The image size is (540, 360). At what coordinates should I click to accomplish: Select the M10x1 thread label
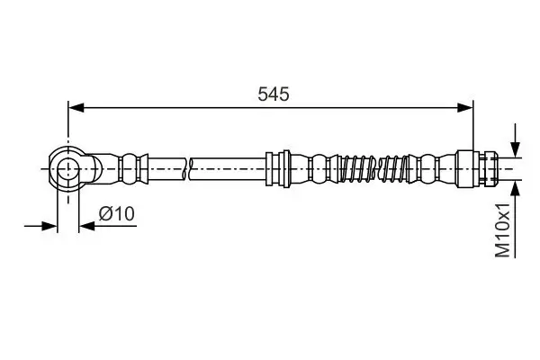tap(505, 230)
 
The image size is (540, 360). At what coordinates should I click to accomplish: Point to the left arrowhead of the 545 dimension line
tap(76, 108)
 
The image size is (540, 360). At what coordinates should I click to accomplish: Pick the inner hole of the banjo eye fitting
tap(67, 167)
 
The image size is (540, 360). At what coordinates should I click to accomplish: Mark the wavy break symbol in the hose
tap(188, 167)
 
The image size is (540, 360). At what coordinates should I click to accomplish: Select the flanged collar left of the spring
tap(277, 167)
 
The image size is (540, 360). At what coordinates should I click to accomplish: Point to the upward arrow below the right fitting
tap(515, 189)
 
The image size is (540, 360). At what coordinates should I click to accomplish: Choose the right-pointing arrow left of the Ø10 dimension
tap(50, 226)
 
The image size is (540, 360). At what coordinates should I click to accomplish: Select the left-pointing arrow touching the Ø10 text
tap(85, 226)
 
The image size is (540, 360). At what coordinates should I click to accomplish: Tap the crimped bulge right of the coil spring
tap(433, 167)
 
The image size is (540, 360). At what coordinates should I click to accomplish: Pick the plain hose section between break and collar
tap(229, 167)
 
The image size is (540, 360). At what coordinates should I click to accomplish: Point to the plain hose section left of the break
tap(166, 167)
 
